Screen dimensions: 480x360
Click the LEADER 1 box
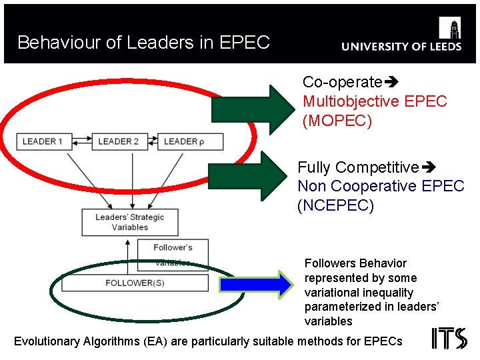pyautogui.click(x=43, y=141)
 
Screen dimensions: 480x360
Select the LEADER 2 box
pyautogui.click(x=119, y=141)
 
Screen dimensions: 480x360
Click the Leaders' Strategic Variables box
pyautogui.click(x=129, y=222)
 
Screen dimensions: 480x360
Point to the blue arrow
pyautogui.click(x=256, y=285)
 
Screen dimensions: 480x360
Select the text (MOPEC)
pyautogui.click(x=337, y=121)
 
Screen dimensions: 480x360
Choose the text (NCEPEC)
pyautogui.click(x=336, y=205)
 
